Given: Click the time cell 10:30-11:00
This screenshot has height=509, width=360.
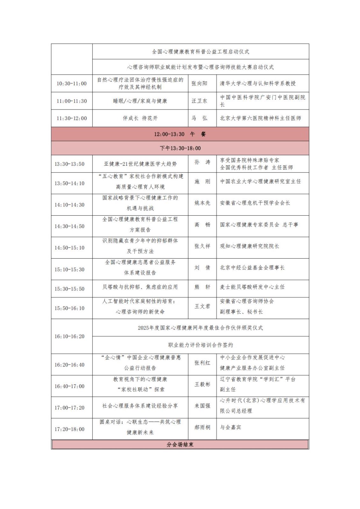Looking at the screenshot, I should [72, 83].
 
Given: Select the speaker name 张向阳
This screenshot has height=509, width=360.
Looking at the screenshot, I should [200, 83].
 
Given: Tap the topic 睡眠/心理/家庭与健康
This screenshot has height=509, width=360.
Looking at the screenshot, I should [140, 101].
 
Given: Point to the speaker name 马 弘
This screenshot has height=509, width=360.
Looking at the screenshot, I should [200, 118].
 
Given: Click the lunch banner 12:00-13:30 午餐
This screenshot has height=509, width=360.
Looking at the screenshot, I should [180, 134].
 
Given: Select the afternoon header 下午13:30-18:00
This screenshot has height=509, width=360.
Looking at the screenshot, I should [180, 148].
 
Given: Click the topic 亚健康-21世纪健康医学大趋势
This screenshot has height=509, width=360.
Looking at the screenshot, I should [140, 164].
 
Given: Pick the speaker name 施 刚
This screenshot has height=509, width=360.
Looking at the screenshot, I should [202, 181].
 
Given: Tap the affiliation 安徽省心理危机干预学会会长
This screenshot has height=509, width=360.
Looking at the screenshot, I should [255, 203].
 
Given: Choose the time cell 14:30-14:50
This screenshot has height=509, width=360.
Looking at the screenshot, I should [69, 226].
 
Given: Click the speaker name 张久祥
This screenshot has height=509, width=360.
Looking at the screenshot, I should [202, 246].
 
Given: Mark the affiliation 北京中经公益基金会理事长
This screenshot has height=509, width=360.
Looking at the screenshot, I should [252, 268].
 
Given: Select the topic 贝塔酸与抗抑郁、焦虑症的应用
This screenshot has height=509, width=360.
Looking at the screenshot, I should [140, 287].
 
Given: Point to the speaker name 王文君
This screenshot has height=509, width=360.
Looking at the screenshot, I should [202, 306].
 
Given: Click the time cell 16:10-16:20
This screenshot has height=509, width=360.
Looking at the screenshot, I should [69, 336].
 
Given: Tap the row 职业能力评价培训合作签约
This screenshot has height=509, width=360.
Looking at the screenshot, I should [201, 345].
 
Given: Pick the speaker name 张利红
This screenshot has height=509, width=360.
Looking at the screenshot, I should [202, 363].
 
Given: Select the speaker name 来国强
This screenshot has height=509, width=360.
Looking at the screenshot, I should [202, 406].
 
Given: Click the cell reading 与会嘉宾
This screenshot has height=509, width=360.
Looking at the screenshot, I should [230, 427].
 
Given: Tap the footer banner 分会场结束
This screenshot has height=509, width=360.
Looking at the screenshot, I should [180, 444].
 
